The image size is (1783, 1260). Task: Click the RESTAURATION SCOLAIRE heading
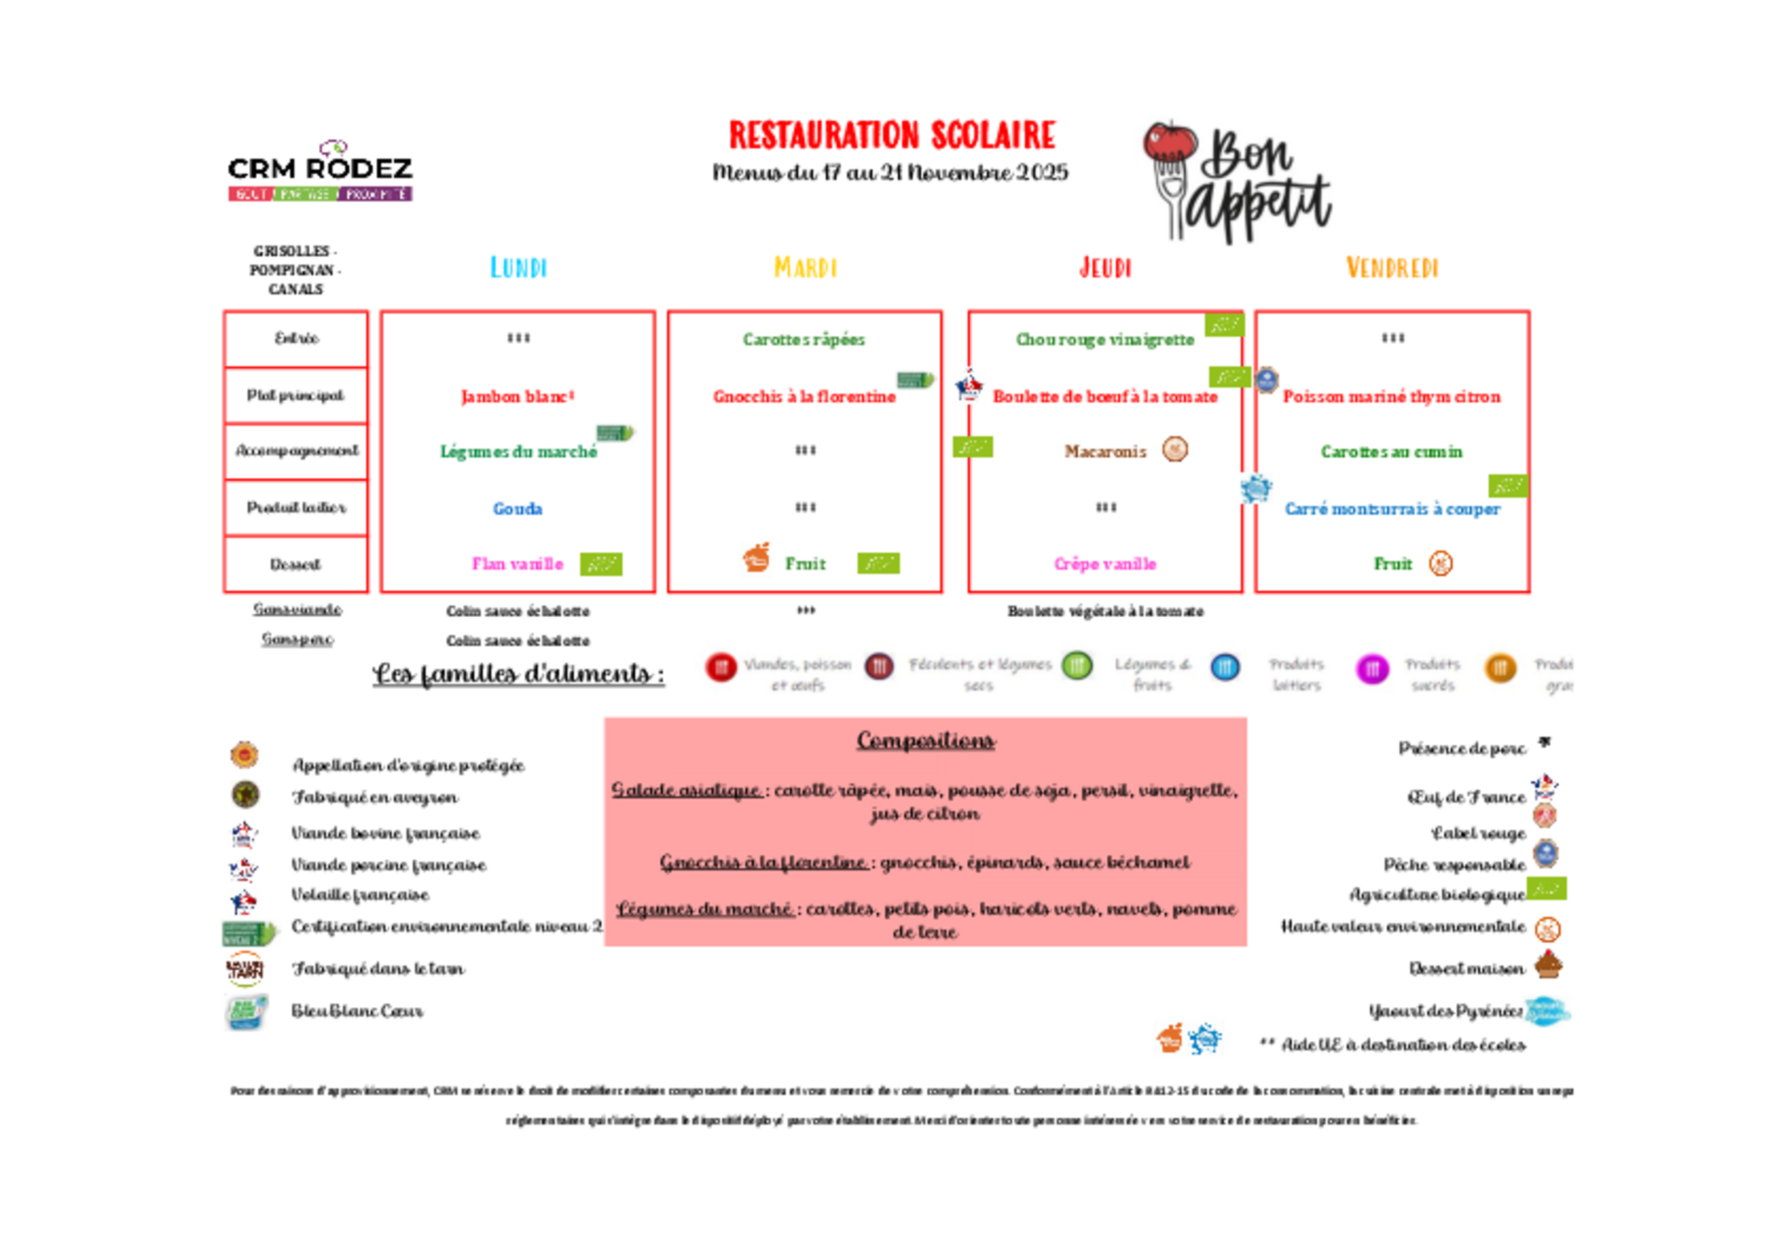891,135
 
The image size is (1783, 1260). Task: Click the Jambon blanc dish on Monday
517,397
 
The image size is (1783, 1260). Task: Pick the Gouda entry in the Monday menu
517,509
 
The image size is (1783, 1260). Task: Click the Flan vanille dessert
517,564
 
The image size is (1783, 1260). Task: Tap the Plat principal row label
295,395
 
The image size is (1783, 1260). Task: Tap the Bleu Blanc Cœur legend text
357,1011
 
